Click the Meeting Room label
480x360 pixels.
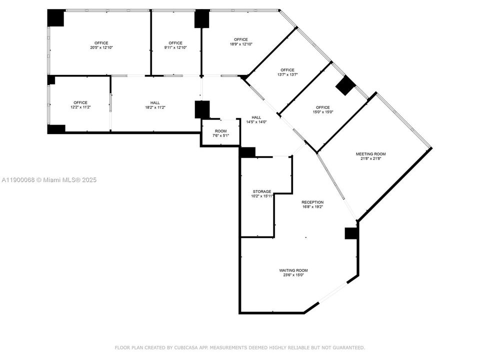click(x=370, y=154)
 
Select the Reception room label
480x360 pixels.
click(x=312, y=202)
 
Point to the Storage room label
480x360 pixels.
click(x=262, y=191)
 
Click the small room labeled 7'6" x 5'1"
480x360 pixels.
click(x=220, y=135)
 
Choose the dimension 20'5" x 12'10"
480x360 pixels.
click(x=101, y=47)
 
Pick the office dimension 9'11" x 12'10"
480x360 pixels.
click(x=175, y=47)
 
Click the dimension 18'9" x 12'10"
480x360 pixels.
click(x=240, y=44)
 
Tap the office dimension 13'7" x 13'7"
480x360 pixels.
click(x=287, y=74)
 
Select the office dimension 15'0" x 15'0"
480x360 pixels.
click(x=322, y=112)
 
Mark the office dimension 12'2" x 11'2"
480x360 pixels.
click(x=80, y=107)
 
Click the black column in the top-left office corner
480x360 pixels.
click(x=55, y=18)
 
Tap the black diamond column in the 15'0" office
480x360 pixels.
click(x=345, y=86)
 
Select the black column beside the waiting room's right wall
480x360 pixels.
click(x=351, y=233)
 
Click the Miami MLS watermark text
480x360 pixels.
click(x=49, y=180)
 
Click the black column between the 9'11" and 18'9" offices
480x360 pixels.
click(x=202, y=18)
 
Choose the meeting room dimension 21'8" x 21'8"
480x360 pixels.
click(x=370, y=158)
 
